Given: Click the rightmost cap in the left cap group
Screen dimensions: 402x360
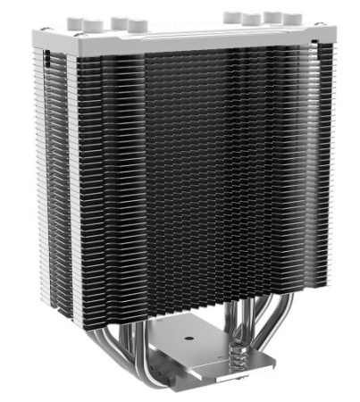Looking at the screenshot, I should pos(137,21).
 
